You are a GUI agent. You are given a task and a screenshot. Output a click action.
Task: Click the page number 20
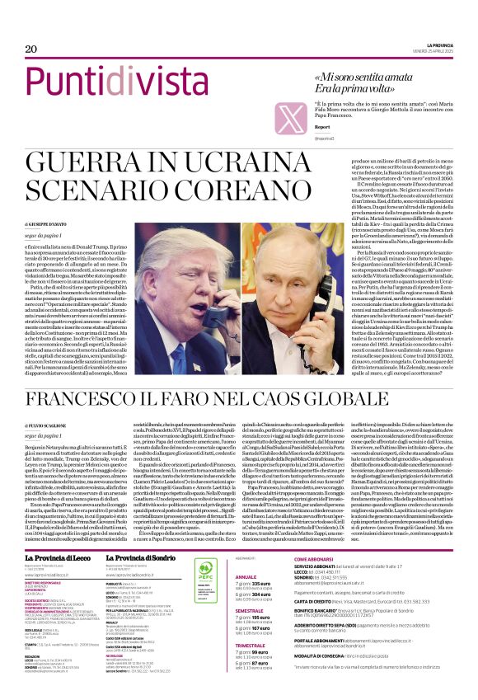[x=31, y=49]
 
